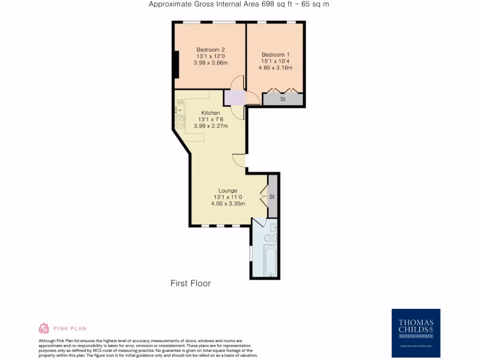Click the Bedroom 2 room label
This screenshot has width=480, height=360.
coord(210,50)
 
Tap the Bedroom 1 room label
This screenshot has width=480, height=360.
coord(275,54)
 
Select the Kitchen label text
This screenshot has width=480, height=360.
coord(210,113)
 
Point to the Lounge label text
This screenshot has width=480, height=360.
coord(228,191)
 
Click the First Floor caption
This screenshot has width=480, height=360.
coord(190,284)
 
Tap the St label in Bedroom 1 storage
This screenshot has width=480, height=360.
coord(283,99)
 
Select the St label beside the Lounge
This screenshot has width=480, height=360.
coord(272,197)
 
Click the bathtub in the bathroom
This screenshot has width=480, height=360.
coord(270,260)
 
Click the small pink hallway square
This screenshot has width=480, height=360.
coord(234,97)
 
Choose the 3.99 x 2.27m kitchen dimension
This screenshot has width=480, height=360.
coord(210,126)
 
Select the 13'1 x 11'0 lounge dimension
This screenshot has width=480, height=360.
coord(228,197)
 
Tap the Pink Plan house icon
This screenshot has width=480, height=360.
coord(44,328)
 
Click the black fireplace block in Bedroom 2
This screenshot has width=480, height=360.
coord(176,65)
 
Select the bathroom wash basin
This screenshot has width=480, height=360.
coord(273,227)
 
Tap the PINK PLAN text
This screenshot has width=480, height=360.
coord(70,329)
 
